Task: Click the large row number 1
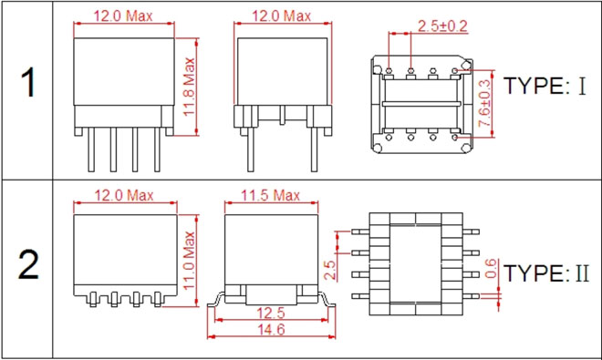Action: click(28, 83)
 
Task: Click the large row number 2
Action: click(28, 264)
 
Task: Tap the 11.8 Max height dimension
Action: click(189, 87)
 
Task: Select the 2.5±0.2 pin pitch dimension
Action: click(442, 26)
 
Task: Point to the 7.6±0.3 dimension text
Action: click(484, 103)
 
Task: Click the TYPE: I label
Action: click(545, 86)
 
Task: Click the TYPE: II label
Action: click(546, 273)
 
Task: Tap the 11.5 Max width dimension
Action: click(270, 195)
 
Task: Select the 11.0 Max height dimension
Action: click(189, 261)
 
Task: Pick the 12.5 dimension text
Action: click(271, 314)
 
